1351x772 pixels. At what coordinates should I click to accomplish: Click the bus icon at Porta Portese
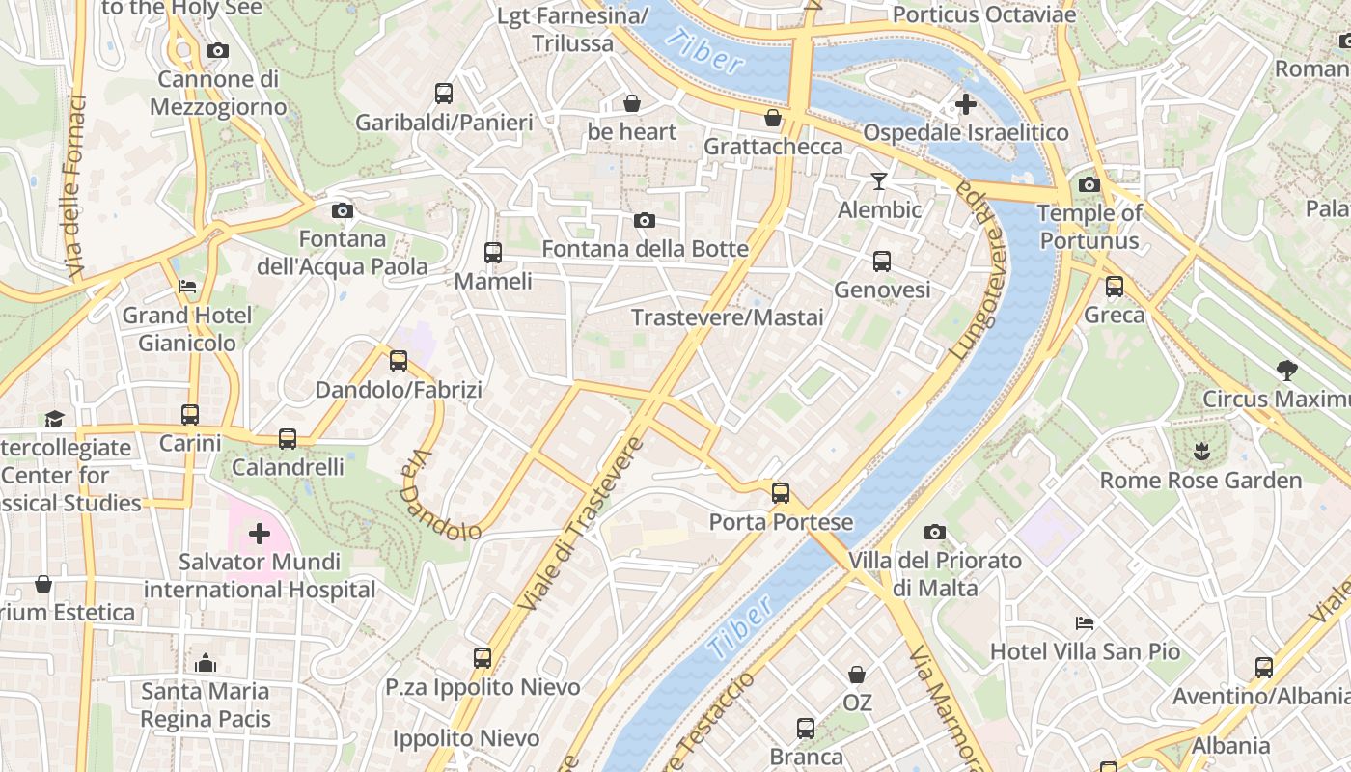[x=781, y=493]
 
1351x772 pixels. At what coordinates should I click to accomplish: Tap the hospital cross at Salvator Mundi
[x=259, y=533]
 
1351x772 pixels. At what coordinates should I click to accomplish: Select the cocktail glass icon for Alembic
[x=878, y=180]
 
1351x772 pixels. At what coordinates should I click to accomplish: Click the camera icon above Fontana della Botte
[x=645, y=221]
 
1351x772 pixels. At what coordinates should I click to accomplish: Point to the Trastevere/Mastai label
[x=727, y=317]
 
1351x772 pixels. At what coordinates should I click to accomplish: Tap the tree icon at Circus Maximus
[x=1286, y=370]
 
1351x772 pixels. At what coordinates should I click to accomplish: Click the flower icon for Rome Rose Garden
[x=1201, y=451]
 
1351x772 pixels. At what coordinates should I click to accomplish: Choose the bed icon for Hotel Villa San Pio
[x=1085, y=622]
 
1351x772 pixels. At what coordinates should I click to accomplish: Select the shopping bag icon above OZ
[x=857, y=675]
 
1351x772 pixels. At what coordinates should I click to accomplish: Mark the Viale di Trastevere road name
[x=580, y=523]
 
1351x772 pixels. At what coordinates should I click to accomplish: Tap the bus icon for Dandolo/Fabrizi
[x=399, y=361]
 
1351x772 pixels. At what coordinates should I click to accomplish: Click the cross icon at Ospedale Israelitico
[x=966, y=103]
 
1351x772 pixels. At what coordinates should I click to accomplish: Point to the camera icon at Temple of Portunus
[x=1089, y=184]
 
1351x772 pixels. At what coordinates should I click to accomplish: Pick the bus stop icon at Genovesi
[x=882, y=261]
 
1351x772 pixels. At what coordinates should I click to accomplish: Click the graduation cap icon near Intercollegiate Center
[x=54, y=419]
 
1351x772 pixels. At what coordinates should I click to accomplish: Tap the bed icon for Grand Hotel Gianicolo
[x=187, y=287]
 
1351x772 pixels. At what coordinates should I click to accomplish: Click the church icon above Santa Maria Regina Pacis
[x=206, y=663]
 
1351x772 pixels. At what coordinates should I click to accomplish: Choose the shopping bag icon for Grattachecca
[x=773, y=118]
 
